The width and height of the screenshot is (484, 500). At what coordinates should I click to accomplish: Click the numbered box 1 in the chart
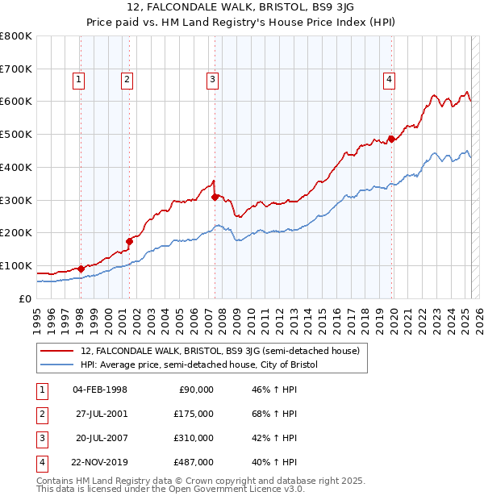(79, 79)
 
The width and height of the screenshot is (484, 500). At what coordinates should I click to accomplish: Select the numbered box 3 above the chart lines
(211, 79)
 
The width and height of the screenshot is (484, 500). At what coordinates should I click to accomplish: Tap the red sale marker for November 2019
(391, 138)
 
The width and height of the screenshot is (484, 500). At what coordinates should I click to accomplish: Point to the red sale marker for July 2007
(215, 196)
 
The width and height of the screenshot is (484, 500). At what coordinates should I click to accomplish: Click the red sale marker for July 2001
(129, 240)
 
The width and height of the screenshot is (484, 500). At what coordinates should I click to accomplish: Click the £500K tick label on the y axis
(16, 134)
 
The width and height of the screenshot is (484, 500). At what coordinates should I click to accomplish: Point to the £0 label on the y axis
(25, 298)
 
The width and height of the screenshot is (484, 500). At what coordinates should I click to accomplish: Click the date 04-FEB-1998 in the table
(100, 390)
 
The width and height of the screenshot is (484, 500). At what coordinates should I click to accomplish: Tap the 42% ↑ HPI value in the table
(274, 438)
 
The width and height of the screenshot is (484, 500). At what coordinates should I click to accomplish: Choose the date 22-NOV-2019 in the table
(100, 462)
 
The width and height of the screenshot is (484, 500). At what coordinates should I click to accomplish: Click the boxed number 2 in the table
(42, 414)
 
